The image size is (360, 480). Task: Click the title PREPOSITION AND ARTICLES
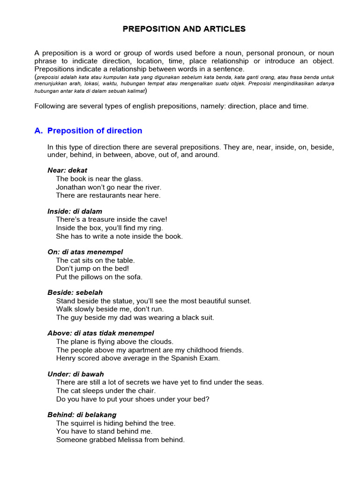(184, 29)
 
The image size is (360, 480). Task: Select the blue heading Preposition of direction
(95, 131)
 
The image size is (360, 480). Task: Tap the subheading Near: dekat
(67, 170)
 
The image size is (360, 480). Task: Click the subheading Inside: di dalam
(75, 211)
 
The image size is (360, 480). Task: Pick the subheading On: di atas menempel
(85, 252)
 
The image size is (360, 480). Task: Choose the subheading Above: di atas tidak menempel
(101, 333)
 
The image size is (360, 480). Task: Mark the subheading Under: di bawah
(76, 374)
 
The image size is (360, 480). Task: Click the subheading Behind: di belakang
(82, 415)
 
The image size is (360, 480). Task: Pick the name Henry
(66, 358)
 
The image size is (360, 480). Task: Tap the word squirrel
(83, 423)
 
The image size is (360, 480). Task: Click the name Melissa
(123, 440)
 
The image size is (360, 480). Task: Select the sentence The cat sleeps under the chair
(106, 391)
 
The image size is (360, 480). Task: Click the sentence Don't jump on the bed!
(92, 269)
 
